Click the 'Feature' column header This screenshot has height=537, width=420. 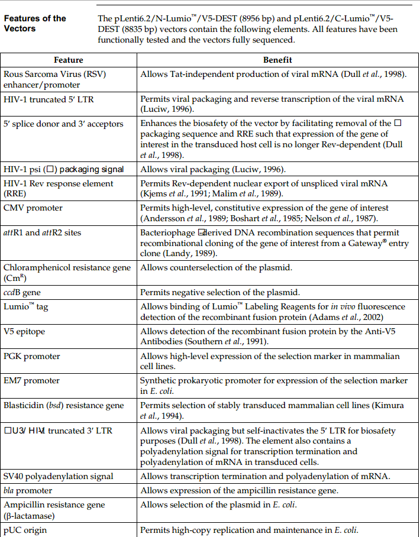[69, 60]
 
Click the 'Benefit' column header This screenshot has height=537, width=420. [277, 60]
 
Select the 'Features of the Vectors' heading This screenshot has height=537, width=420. [35, 23]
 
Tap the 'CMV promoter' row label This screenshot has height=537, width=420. [33, 208]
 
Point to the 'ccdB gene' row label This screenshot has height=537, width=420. [22, 292]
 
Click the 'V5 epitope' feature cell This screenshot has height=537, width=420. [24, 332]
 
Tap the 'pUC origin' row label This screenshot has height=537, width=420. [25, 530]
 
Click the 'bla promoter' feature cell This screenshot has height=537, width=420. [28, 491]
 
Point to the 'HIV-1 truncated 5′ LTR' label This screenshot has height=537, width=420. [49, 99]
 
